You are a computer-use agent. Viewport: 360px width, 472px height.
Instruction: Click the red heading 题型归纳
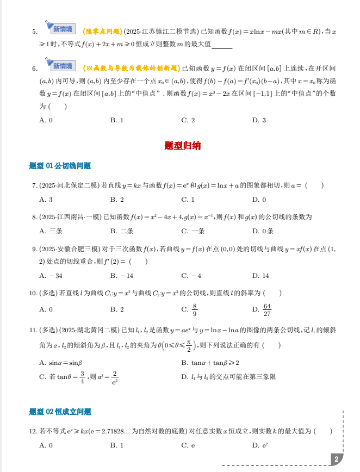click(182, 146)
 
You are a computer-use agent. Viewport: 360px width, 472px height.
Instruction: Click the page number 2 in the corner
click(337, 459)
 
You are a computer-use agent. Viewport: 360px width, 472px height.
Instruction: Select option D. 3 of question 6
click(259, 120)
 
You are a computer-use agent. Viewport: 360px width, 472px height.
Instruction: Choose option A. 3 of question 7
click(46, 200)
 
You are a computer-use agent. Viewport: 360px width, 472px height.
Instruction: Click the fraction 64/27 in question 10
click(267, 310)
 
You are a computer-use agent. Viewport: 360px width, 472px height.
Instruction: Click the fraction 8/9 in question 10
click(194, 310)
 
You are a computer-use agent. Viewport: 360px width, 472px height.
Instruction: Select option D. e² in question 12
click(259, 445)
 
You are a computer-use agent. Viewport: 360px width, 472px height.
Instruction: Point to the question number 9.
click(34, 249)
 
